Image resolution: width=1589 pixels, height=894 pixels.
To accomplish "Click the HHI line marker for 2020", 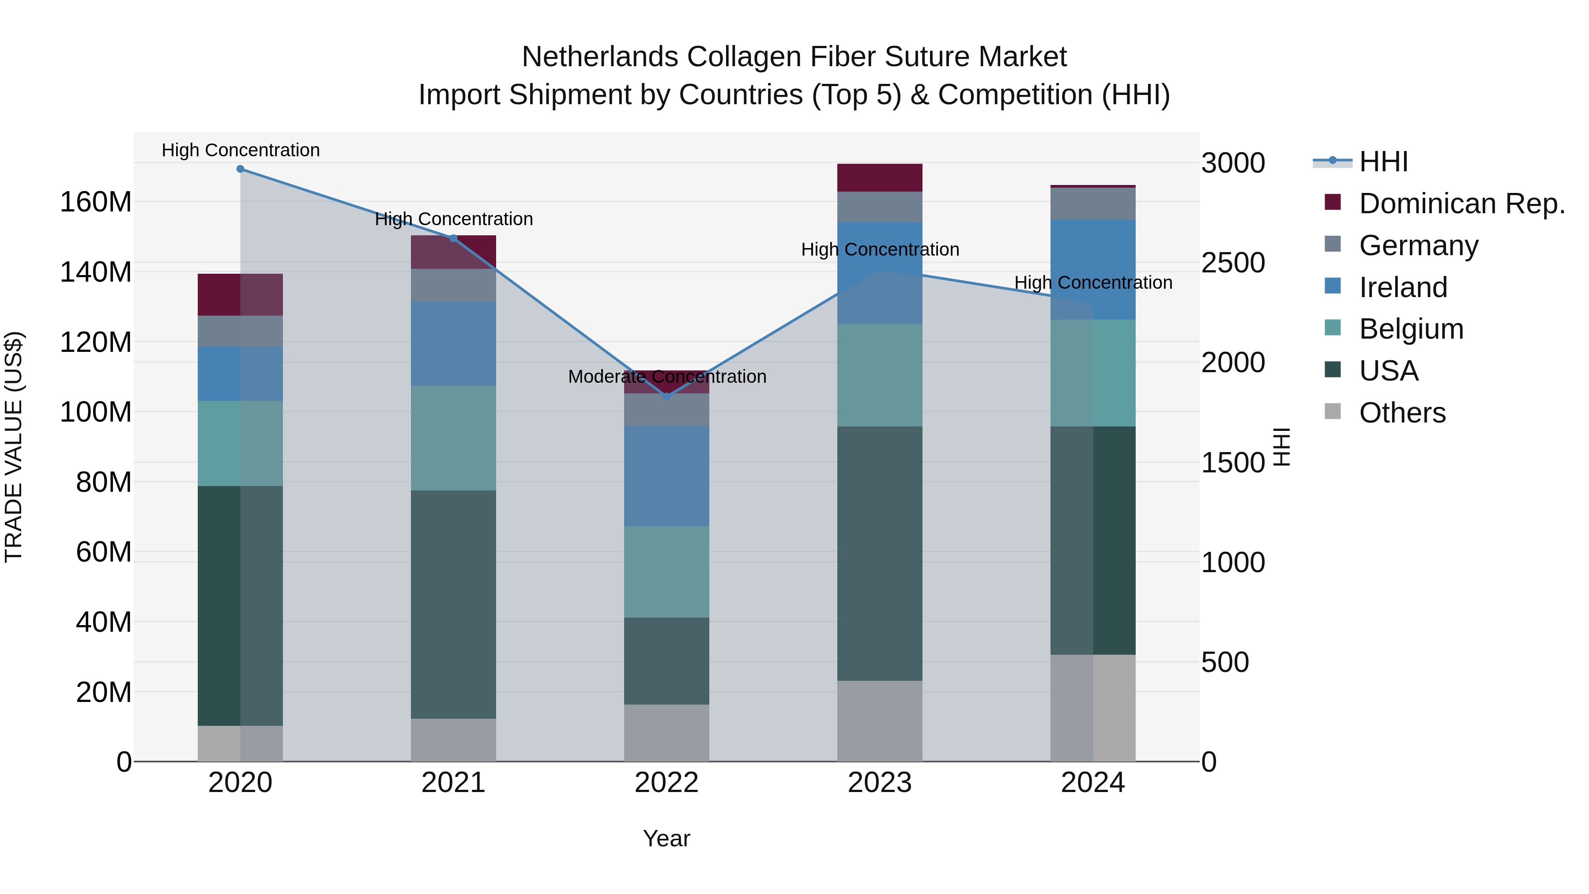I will (x=241, y=169).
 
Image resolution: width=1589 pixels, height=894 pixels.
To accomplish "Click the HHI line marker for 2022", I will (x=666, y=397).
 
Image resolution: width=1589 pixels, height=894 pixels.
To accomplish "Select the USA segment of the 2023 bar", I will (x=880, y=554).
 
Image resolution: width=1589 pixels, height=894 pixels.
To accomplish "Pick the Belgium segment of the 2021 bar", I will (x=453, y=438).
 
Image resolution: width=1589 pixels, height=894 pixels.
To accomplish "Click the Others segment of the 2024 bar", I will (x=1092, y=708).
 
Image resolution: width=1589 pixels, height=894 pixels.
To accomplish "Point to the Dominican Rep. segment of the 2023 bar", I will (x=880, y=177).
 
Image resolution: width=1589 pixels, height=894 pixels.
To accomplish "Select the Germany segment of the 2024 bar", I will (x=1092, y=204).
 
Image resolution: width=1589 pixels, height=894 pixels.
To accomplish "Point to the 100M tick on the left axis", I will (x=96, y=412).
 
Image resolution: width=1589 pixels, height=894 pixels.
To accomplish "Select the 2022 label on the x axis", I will (x=666, y=783).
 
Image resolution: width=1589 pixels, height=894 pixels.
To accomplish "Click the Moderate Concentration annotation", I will (x=667, y=376).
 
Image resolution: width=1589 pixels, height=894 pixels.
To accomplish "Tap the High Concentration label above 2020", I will (x=241, y=150).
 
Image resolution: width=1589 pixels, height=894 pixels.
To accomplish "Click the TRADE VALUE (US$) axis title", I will (x=14, y=447).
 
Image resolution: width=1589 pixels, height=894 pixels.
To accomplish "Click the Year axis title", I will (x=666, y=838).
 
